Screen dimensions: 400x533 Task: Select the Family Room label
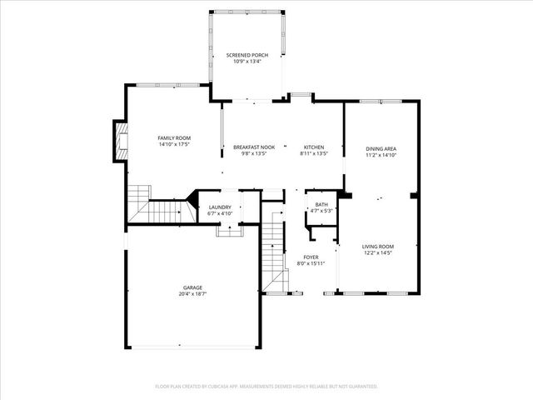click(175, 137)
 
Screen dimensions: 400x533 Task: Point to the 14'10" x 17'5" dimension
click(175, 144)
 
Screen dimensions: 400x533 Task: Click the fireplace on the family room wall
click(122, 142)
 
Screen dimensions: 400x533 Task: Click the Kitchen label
click(313, 147)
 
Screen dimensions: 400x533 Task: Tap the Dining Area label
click(380, 149)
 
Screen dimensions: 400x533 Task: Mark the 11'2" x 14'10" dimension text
click(380, 155)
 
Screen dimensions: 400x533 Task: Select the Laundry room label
click(220, 207)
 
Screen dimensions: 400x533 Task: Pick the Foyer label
click(311, 257)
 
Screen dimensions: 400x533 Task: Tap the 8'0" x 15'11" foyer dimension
click(311, 263)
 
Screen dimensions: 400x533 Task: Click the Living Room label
click(377, 247)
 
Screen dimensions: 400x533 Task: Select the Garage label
click(192, 287)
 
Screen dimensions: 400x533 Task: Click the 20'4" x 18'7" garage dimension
click(192, 293)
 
